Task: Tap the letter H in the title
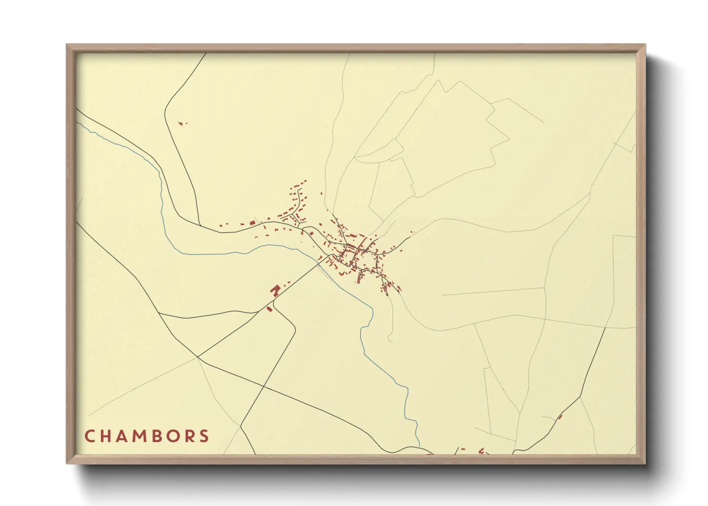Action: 106,436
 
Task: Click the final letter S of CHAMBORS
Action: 205,436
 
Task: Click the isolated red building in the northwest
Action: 181,123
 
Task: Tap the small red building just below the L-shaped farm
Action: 269,309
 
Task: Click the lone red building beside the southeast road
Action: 560,417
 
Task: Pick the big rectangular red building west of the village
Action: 252,222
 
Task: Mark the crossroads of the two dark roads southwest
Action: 198,357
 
